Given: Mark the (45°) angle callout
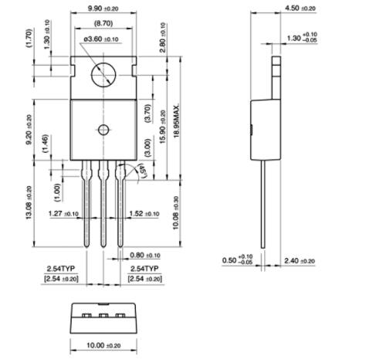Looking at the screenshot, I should point(141,170).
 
